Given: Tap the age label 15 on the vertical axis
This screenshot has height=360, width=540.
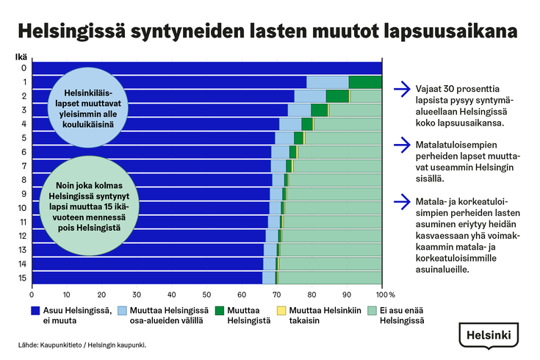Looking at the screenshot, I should tap(24, 278).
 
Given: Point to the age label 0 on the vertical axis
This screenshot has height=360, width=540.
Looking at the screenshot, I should tap(24, 68).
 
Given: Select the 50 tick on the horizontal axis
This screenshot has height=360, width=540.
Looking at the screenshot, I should tap(207, 293).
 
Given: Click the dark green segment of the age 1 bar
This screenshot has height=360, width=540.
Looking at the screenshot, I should tap(365, 82).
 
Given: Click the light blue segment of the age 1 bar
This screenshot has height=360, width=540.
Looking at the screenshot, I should tap(328, 82).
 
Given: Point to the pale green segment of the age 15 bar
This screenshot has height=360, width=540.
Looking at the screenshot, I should tap(331, 278).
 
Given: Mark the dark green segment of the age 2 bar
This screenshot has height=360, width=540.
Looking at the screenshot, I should tap(337, 96).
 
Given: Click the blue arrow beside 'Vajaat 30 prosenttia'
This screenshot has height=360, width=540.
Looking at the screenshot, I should tap(401, 90).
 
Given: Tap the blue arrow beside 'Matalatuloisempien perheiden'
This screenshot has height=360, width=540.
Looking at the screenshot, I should tap(401, 145).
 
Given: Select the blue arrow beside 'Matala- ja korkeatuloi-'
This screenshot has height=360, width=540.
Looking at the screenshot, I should tap(401, 199).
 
